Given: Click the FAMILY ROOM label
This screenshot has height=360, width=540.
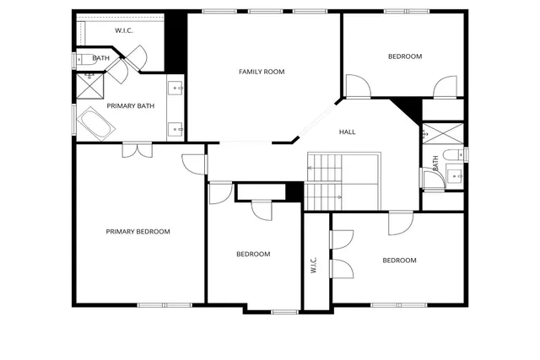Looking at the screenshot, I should (x=261, y=72).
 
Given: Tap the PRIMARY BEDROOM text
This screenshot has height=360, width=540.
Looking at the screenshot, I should (x=138, y=232).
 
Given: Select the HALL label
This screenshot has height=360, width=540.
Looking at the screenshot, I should (x=347, y=132).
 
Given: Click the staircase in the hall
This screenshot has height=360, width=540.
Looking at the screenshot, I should (x=324, y=181).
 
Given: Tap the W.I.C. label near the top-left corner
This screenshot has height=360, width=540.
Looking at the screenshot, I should (x=125, y=31).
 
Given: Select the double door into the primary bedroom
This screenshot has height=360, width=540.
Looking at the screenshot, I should (x=136, y=149).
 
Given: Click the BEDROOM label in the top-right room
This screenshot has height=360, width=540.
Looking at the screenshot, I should (x=404, y=56).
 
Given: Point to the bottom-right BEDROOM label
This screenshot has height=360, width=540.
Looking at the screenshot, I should (x=399, y=261).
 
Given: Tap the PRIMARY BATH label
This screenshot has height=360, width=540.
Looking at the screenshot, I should (x=130, y=105).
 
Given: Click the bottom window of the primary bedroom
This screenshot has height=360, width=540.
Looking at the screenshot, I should (x=153, y=304).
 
